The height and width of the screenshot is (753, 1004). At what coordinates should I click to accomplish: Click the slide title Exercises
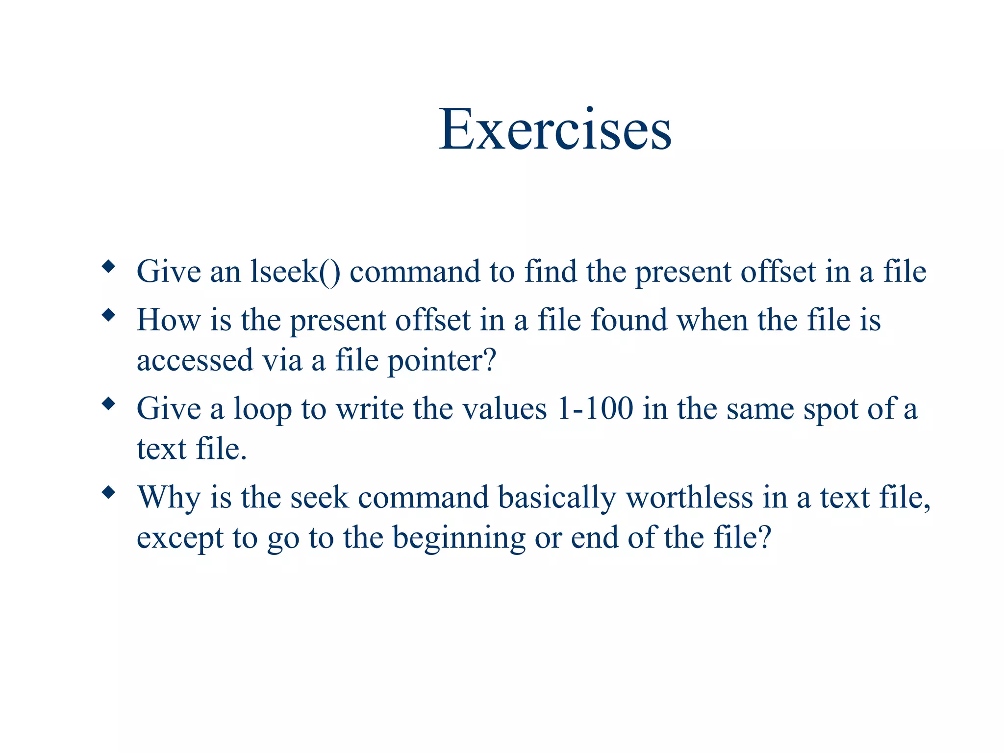tap(554, 129)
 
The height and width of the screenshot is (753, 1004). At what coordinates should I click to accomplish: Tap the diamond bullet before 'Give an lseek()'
tap(108, 267)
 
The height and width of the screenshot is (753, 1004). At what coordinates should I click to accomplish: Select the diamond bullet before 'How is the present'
tap(108, 315)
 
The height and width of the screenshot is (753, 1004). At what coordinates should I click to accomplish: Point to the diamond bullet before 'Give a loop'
tap(108, 404)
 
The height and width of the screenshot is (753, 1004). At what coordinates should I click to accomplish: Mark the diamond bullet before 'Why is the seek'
tap(108, 492)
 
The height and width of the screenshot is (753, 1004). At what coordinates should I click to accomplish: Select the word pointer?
tap(442, 361)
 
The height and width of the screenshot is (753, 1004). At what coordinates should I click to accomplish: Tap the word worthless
tap(689, 498)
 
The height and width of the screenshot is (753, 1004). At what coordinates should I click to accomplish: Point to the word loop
tap(262, 409)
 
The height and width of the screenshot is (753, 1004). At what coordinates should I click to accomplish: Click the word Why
tap(169, 498)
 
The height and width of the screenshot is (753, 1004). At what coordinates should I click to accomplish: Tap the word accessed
tap(195, 361)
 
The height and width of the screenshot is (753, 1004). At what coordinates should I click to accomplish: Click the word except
tap(179, 538)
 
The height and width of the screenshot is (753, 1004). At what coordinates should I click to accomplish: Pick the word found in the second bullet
tap(629, 320)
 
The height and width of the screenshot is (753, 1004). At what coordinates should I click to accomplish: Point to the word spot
tap(830, 409)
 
